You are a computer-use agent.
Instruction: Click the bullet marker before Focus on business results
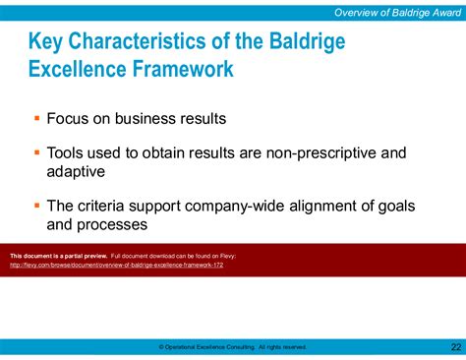[37, 119]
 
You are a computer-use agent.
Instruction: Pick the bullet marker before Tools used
[37, 152]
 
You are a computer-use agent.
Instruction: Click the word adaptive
[77, 170]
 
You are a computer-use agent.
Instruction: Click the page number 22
[454, 346]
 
